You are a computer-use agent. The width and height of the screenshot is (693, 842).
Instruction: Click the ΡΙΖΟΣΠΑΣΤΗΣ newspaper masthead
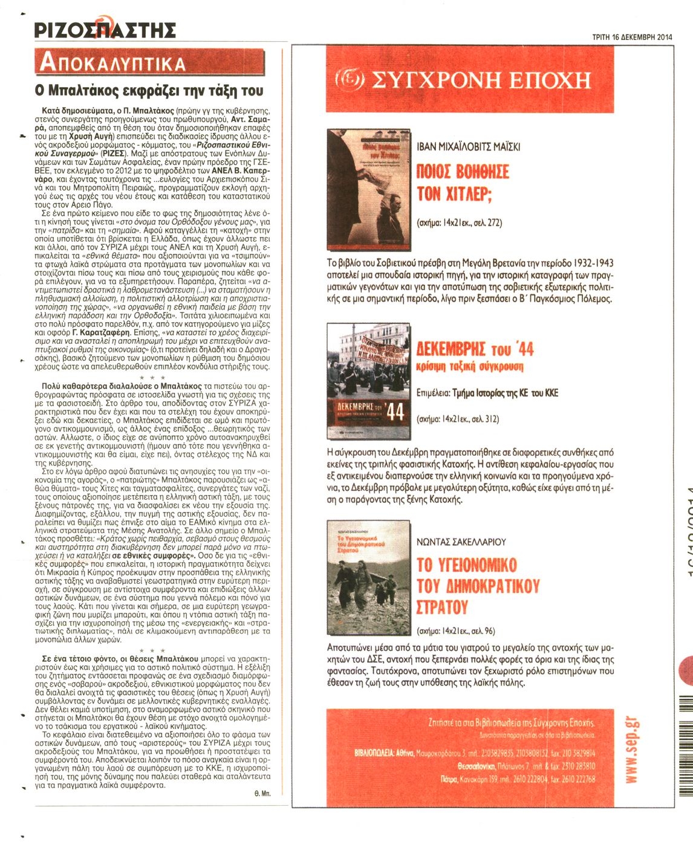(x=105, y=30)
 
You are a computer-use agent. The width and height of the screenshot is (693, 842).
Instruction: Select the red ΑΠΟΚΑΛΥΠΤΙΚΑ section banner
(x=149, y=63)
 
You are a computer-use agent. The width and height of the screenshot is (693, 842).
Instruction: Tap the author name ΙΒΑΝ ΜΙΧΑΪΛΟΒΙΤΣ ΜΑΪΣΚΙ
(x=469, y=146)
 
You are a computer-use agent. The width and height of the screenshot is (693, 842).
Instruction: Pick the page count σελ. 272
(x=487, y=222)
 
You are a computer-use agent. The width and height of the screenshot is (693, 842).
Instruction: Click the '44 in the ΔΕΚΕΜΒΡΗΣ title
(x=521, y=349)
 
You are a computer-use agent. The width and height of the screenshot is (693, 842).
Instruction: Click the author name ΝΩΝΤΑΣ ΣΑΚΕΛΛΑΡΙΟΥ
(x=461, y=542)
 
